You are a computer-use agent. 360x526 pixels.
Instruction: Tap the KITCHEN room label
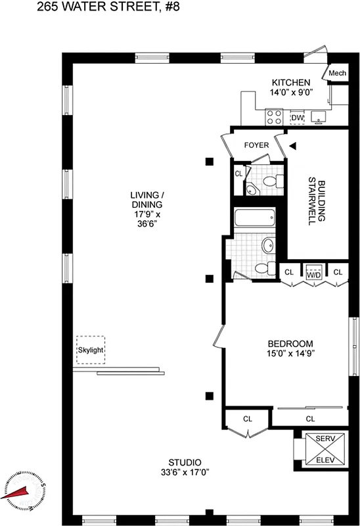[291, 83]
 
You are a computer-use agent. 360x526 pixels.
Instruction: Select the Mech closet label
[337, 73]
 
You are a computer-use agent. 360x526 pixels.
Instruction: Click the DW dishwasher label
[298, 118]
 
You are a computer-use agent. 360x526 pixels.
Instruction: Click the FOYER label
[257, 145]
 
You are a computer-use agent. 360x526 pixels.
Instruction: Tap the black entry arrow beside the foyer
[293, 145]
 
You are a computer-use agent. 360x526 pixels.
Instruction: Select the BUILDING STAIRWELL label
[317, 200]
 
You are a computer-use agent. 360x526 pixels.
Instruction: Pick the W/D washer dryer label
[313, 272]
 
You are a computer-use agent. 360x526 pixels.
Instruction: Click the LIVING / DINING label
[146, 209]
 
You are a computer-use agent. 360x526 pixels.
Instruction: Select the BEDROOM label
[290, 344]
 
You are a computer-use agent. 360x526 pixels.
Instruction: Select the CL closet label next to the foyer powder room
[238, 174]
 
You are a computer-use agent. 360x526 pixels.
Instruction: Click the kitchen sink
[321, 118]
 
